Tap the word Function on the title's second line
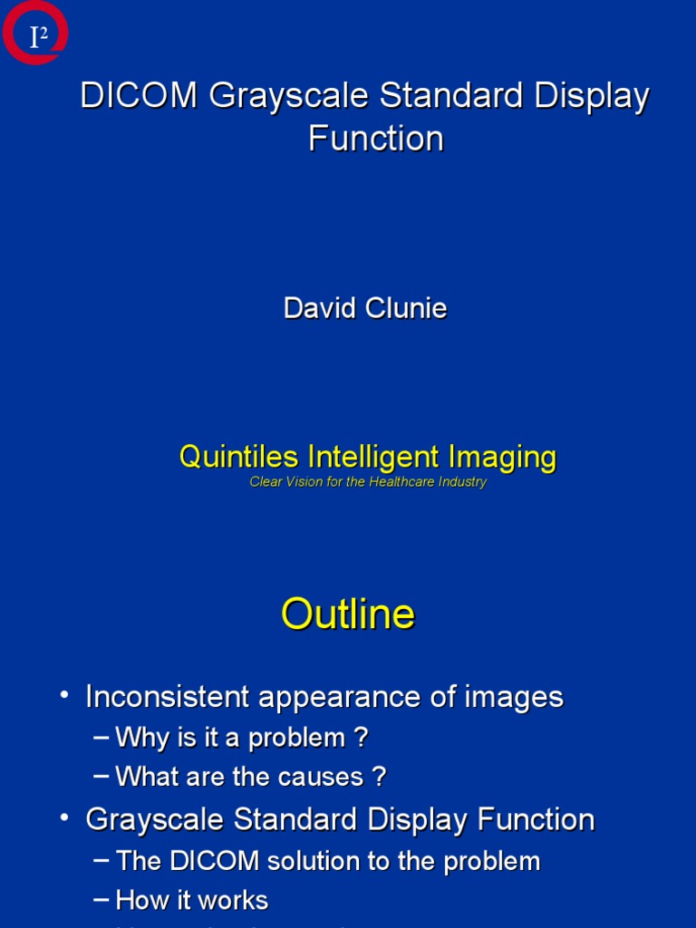pos(375,139)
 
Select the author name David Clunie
pos(365,308)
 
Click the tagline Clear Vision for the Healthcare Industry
pos(368,482)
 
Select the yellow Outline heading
pos(348,614)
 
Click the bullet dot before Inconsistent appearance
pos(64,694)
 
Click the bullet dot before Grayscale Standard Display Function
pos(64,817)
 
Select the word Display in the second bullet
pos(420,820)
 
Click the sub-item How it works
pos(192,900)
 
